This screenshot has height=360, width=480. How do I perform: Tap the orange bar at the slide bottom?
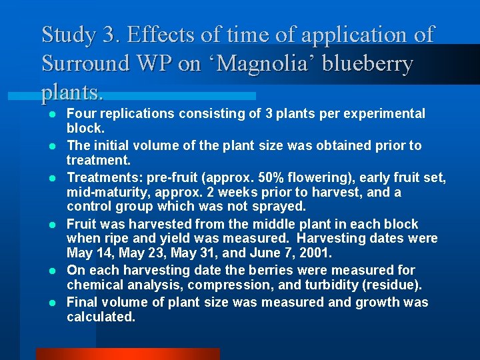click(127, 354)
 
